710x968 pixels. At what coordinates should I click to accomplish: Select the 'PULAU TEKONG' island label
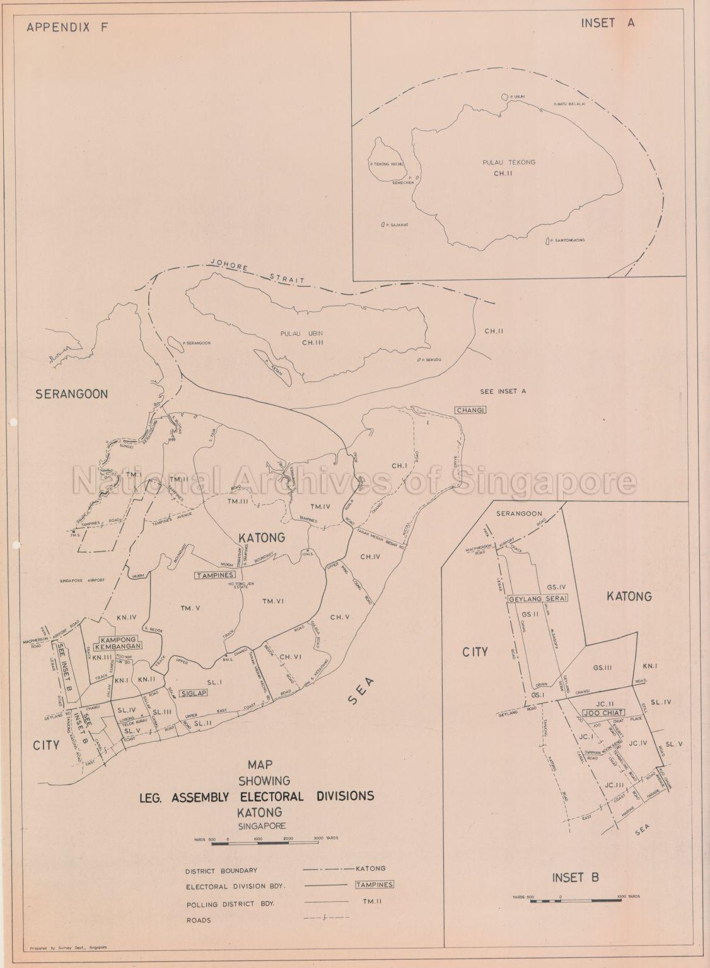[515, 163]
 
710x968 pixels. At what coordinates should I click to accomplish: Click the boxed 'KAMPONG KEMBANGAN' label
[117, 642]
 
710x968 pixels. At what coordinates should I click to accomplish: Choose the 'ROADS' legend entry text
[198, 920]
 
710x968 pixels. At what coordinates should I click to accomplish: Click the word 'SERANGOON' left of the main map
[71, 394]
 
